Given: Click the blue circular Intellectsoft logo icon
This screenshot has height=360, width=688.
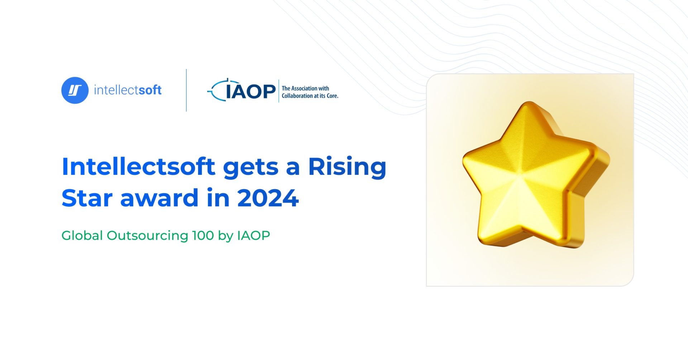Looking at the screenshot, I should point(75,90).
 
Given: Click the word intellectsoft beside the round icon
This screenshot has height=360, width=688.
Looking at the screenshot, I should point(128,90).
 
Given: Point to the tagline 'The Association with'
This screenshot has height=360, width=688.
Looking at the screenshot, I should point(305,88).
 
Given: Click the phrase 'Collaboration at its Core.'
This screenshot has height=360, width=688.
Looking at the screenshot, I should point(310,96).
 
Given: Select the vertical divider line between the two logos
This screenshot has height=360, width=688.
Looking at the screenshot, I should point(186,90).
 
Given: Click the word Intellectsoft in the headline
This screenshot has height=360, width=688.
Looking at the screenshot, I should point(138,167).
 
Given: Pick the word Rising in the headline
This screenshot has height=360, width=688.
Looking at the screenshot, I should point(347,167).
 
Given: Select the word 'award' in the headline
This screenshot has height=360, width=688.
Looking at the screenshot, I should point(159,198).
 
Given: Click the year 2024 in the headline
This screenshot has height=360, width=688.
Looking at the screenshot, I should point(268,198).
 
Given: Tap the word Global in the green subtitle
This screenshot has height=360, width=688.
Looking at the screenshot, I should point(82,236).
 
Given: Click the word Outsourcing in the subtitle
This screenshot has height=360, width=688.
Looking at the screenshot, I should point(147,236).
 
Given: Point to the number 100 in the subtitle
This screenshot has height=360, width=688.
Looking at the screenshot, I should point(203,236).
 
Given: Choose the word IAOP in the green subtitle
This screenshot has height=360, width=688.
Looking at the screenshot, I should point(253,236).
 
